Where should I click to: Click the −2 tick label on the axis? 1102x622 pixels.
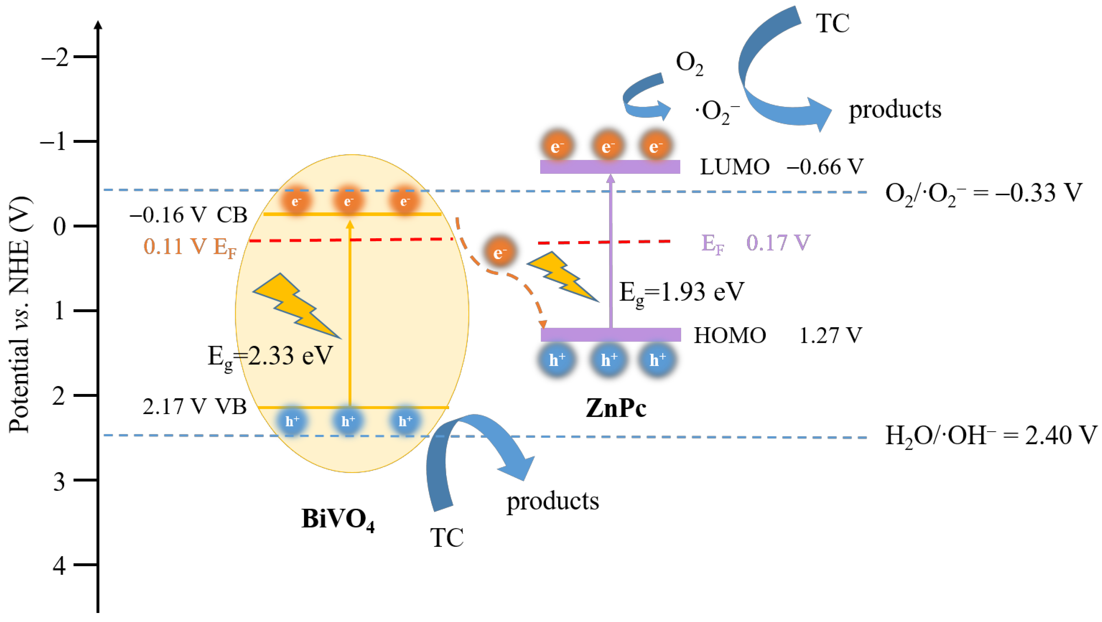[55, 57]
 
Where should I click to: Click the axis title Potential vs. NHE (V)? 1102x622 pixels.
[20, 314]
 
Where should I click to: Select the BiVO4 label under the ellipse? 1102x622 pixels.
[338, 519]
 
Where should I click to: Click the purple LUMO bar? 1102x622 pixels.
[610, 167]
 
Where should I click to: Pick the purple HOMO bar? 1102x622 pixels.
[611, 335]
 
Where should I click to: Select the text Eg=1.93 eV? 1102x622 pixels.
[681, 293]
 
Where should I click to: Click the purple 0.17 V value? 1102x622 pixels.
[778, 243]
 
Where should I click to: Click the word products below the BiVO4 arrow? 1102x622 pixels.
[553, 501]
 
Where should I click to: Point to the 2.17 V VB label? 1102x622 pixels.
[195, 407]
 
